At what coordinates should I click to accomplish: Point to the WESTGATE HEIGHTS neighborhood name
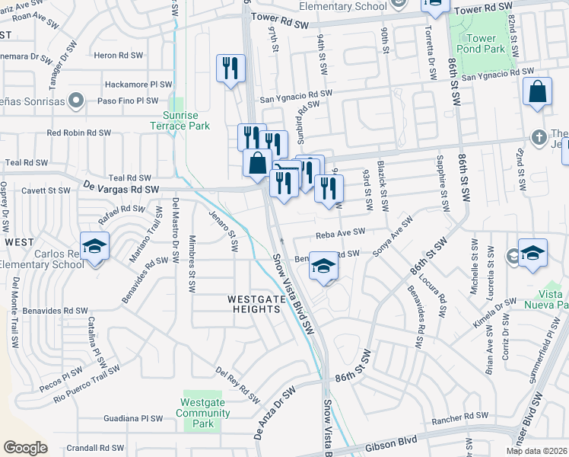(256, 305)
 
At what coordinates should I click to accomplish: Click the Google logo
(25, 448)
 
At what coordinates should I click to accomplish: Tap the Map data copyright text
(536, 451)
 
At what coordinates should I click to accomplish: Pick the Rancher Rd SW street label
(459, 416)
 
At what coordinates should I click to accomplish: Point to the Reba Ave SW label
(340, 232)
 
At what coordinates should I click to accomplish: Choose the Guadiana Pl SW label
(134, 418)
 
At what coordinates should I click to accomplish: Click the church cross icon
(539, 136)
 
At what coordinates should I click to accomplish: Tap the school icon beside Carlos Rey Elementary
(95, 246)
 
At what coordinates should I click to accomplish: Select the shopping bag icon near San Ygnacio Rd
(537, 91)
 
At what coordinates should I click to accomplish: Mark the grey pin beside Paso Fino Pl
(75, 100)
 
